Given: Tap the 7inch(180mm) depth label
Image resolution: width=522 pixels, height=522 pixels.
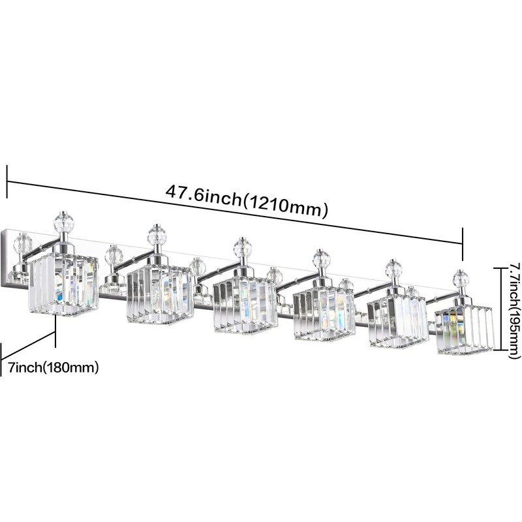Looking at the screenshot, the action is click(x=54, y=358).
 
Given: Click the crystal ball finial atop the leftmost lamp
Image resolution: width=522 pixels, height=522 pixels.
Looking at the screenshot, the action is click(x=63, y=221).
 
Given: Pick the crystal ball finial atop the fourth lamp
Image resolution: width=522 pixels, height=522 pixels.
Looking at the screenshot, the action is click(x=322, y=258).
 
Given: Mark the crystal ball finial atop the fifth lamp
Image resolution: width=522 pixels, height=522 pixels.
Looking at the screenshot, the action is click(x=393, y=268).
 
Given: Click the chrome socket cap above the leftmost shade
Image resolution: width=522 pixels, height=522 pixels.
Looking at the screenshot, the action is click(x=63, y=247).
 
